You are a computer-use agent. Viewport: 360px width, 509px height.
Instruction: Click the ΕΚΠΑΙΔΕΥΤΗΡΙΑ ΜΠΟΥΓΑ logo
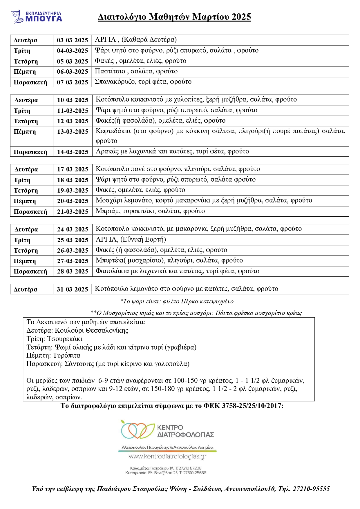click(37, 17)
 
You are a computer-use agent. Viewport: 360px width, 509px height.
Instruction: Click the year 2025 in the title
click(241, 17)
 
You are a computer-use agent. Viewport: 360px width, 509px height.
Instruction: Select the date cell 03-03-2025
click(72, 40)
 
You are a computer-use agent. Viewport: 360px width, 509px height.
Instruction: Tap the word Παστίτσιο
click(110, 71)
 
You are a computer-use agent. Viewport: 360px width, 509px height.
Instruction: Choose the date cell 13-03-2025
click(73, 132)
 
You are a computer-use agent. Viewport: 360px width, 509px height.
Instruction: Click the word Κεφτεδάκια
click(113, 131)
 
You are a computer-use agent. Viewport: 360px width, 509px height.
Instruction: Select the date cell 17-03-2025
click(73, 169)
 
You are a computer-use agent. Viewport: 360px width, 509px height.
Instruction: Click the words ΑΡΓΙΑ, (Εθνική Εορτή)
click(131, 240)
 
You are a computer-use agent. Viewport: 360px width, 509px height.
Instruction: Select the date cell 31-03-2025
click(72, 289)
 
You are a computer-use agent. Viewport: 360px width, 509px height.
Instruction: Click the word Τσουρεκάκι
click(65, 339)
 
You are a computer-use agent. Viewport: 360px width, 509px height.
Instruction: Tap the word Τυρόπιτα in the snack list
click(66, 356)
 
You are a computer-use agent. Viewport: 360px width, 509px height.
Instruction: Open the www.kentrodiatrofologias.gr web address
click(167, 457)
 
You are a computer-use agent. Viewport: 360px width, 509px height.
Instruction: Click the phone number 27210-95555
click(311, 489)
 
